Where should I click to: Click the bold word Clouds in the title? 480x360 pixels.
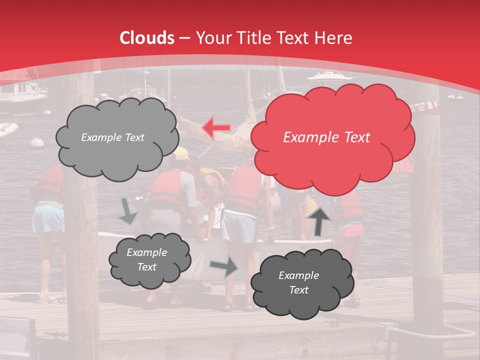tap(147, 38)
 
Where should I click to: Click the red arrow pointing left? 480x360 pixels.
tap(216, 128)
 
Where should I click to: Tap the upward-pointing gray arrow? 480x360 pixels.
tap(320, 220)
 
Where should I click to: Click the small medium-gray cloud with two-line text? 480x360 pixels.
tap(149, 260)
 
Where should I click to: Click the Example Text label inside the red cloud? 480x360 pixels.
tap(326, 137)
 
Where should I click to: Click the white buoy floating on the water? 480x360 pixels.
tap(37, 142)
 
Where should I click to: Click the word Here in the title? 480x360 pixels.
tap(334, 38)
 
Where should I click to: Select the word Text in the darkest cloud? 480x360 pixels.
tap(298, 290)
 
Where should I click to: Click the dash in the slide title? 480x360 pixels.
tap(184, 38)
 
